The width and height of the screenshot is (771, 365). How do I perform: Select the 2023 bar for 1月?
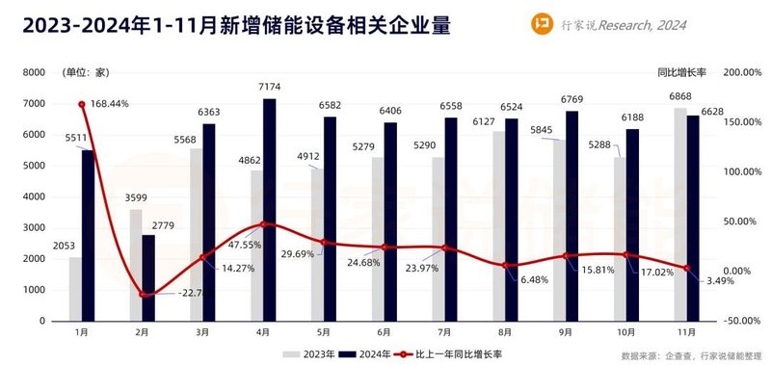(75, 288)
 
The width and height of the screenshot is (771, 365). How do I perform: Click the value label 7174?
(270, 90)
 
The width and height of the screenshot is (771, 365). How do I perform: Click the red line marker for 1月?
(82, 104)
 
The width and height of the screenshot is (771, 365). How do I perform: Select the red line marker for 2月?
(143, 294)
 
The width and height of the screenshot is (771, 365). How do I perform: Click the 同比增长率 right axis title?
(685, 72)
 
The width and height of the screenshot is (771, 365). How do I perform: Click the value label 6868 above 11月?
(681, 99)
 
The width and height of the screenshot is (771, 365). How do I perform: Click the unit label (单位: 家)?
(87, 72)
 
